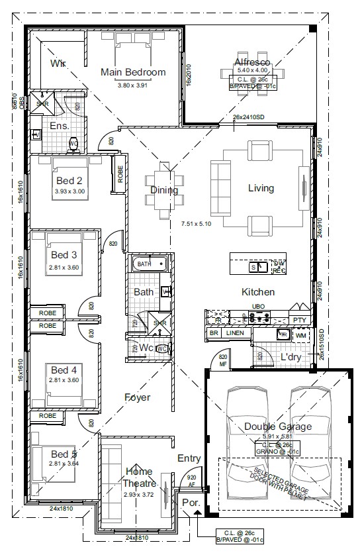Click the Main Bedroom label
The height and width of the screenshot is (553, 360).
(x=132, y=72)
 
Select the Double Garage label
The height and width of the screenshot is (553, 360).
(x=277, y=427)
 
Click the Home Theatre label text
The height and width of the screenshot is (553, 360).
(x=138, y=477)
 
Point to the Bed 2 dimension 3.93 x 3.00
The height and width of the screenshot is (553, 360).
(x=69, y=191)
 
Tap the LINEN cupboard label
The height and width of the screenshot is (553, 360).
(x=235, y=333)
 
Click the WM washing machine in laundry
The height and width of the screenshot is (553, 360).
(x=301, y=336)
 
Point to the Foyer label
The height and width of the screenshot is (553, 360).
(x=137, y=397)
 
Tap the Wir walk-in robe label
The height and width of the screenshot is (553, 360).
(x=58, y=64)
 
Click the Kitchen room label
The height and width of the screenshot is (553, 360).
(x=258, y=292)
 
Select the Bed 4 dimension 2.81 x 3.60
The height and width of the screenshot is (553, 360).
(x=64, y=380)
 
